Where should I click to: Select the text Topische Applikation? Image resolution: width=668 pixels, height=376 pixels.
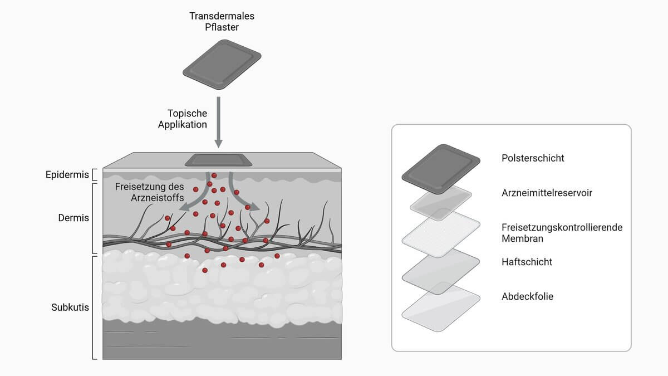183,119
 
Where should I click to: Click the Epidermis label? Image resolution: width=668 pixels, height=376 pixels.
67,175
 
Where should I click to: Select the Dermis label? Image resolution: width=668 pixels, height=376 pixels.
73,218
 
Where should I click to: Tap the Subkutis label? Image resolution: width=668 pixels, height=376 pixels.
70,307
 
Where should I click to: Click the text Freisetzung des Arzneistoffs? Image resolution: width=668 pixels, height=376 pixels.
149,192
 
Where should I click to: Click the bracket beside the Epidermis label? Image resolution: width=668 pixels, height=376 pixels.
95,175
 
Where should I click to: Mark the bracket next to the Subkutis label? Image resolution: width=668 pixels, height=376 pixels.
95,307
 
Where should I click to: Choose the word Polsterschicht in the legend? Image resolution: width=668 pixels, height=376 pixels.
533,158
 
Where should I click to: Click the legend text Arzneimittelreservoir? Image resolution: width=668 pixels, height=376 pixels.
547,193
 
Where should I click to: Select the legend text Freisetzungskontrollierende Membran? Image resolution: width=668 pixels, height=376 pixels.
562,233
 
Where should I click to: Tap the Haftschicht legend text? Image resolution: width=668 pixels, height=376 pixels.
527,262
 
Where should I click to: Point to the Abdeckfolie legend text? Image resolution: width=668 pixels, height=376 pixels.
527,296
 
